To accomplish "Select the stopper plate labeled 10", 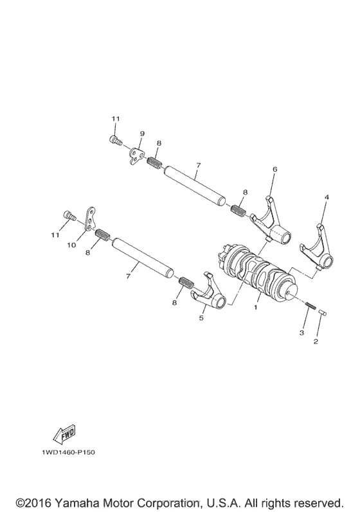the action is [x=89, y=219].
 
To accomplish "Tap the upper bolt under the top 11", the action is [x=115, y=141].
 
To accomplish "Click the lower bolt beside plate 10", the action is [x=69, y=215].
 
